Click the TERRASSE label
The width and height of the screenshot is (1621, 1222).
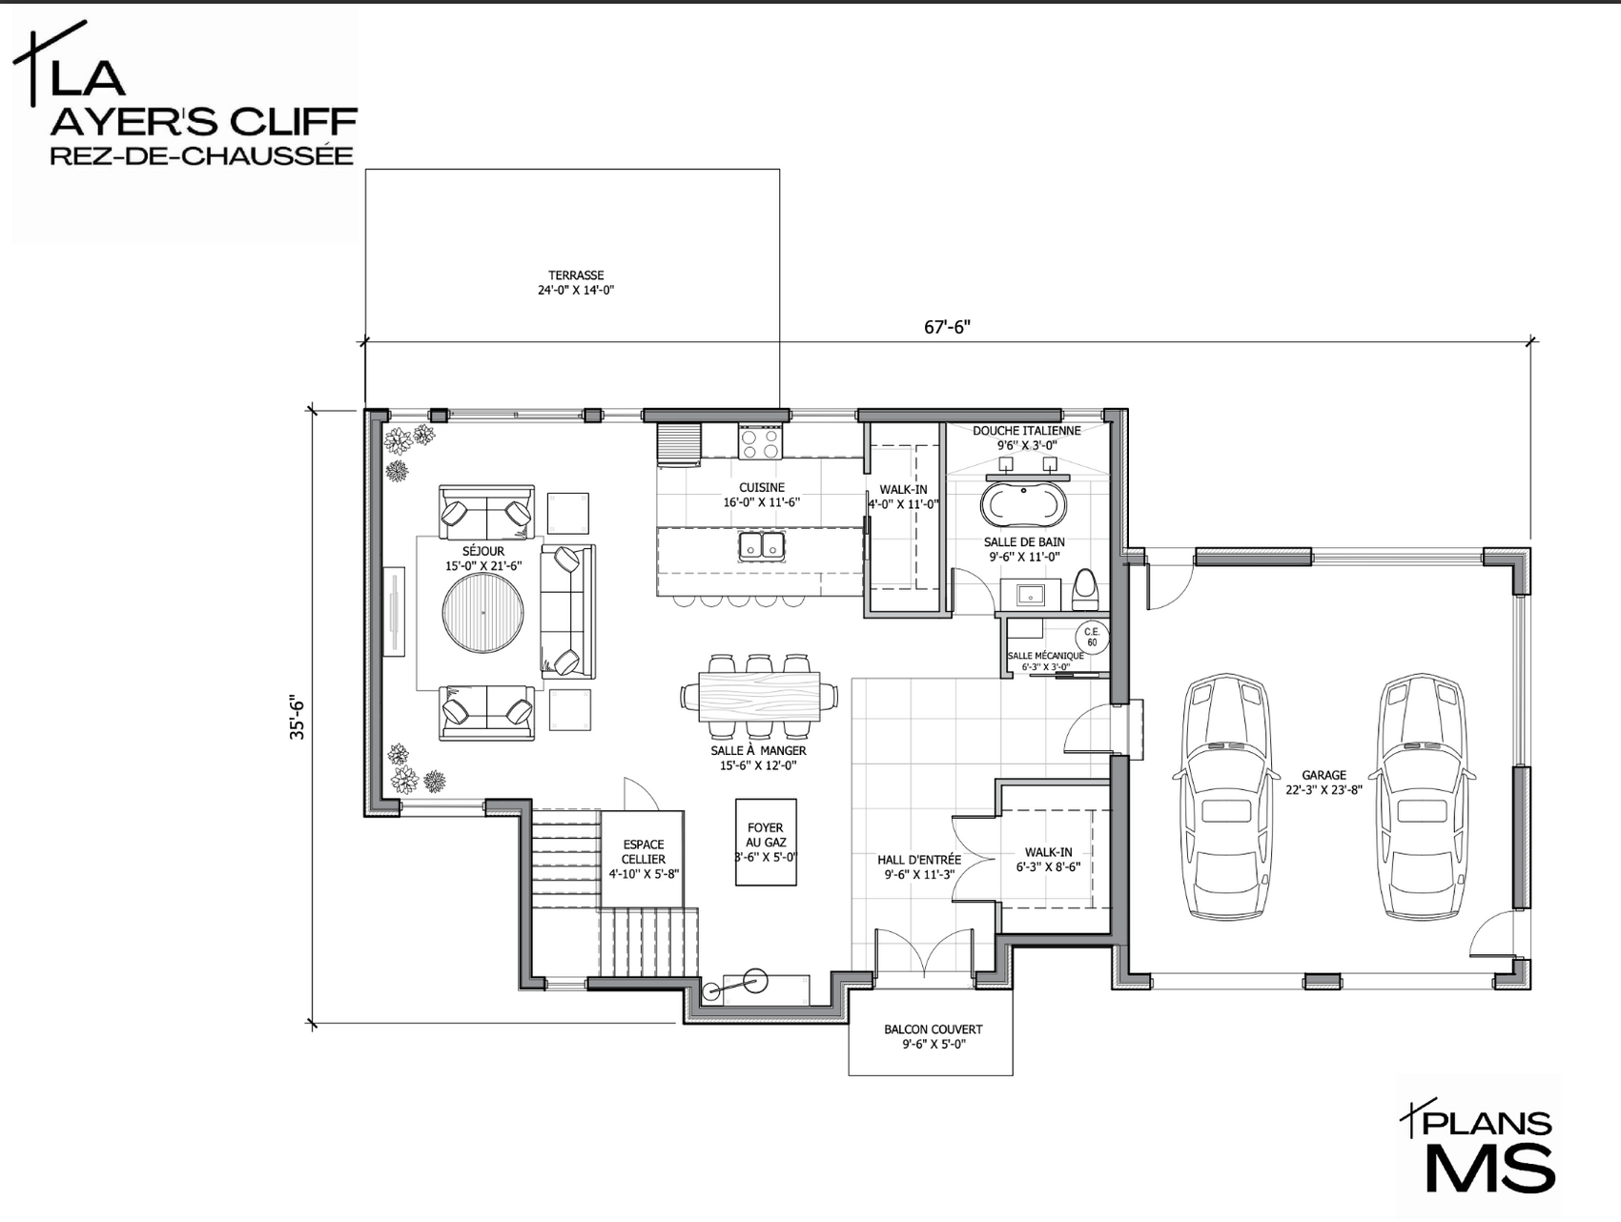(576, 275)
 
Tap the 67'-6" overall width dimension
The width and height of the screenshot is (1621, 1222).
(947, 327)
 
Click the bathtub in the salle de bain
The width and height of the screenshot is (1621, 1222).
(1023, 504)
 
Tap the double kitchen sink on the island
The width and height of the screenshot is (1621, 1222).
(761, 545)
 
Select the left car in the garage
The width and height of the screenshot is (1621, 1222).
(1225, 797)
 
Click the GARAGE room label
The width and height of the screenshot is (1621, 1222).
(1323, 775)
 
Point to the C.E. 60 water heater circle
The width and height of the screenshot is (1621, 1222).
(1092, 637)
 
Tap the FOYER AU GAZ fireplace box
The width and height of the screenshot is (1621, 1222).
(766, 842)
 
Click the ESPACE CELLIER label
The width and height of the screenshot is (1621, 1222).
(644, 851)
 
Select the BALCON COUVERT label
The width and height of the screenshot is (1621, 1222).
(933, 1029)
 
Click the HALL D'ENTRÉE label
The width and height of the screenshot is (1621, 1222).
(919, 860)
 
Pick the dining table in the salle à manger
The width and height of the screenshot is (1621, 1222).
(760, 696)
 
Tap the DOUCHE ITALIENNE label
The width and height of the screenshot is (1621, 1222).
(1027, 431)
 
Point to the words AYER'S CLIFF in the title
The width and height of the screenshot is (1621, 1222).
(203, 122)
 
